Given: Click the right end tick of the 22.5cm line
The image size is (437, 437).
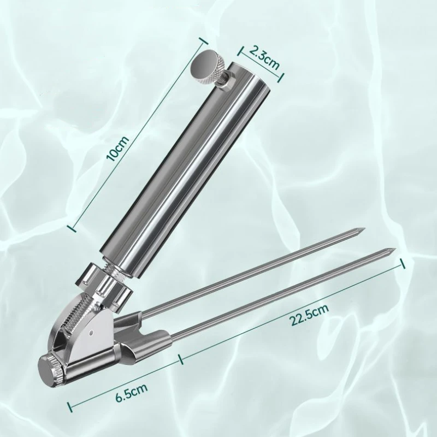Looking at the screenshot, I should [x=403, y=263].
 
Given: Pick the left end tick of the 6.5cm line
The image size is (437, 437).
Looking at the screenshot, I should [x=69, y=406].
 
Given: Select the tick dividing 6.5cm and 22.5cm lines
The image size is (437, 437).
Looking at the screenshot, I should [x=179, y=360].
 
